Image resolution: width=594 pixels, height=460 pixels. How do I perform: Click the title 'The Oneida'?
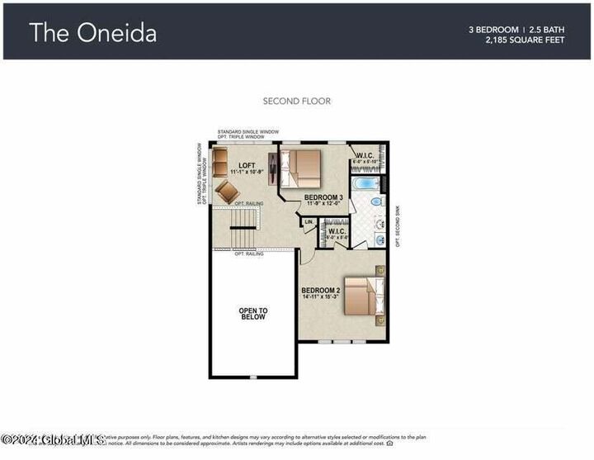click(x=92, y=32)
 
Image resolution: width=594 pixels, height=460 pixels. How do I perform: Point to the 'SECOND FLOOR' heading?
click(x=296, y=102)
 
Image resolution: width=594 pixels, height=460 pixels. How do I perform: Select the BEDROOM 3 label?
click(x=323, y=197)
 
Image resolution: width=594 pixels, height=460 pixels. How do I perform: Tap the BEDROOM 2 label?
click(x=320, y=291)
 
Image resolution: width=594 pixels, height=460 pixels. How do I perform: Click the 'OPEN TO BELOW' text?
click(x=253, y=315)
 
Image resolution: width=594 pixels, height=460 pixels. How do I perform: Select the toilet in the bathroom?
click(x=375, y=202)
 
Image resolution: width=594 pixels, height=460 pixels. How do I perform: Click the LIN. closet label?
click(x=309, y=222)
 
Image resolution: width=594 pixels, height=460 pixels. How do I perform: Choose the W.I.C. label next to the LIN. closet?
click(x=336, y=231)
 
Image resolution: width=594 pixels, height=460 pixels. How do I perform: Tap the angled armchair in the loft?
click(x=227, y=192)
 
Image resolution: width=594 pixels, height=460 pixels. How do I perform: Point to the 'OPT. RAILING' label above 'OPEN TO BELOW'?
click(x=250, y=254)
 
